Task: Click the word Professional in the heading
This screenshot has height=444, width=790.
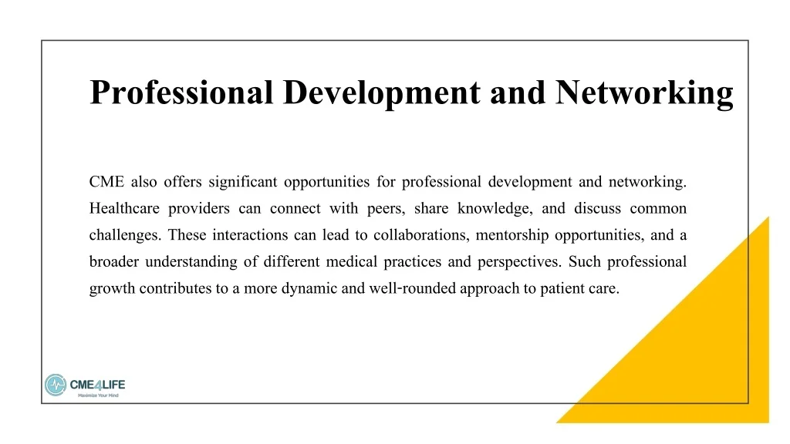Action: [x=181, y=92]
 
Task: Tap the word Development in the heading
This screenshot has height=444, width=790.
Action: [x=382, y=93]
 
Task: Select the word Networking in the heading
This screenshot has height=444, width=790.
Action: [x=644, y=93]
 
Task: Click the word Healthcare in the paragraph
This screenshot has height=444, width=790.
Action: [x=124, y=208]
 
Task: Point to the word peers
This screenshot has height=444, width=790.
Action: [x=386, y=209]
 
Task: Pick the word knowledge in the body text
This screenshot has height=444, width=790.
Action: [x=495, y=209]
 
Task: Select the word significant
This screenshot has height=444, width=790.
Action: [x=243, y=182]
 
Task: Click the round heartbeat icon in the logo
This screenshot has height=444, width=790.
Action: [x=56, y=385]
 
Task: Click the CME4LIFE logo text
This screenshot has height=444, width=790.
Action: [x=97, y=385]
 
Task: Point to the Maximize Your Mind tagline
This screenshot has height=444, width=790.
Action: [x=98, y=395]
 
